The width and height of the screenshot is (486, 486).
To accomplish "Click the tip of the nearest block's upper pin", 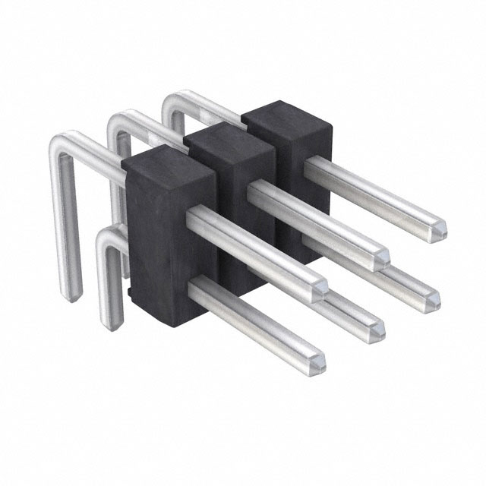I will (x=320, y=287).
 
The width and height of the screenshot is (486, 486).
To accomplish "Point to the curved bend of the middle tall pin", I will (x=118, y=119).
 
